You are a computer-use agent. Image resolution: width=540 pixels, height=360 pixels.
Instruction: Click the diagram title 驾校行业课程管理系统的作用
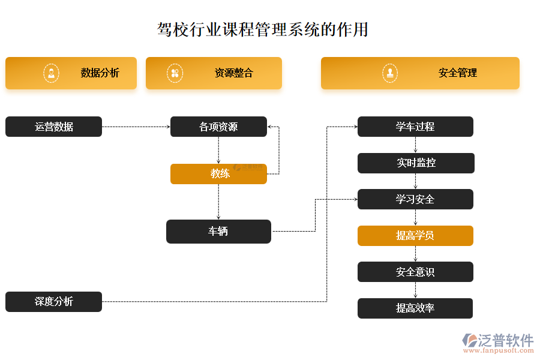tap(262, 30)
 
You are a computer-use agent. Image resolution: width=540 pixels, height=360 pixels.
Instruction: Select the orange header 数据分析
tap(71, 73)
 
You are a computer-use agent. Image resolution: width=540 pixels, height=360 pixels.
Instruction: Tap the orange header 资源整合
tap(214, 73)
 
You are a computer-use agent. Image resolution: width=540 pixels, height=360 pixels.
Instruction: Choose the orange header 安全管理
tap(420, 73)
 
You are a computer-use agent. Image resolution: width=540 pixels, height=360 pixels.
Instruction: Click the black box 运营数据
tap(53, 127)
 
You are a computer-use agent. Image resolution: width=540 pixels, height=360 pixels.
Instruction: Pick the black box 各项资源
tap(218, 127)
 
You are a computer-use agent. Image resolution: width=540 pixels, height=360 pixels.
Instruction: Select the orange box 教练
tap(218, 174)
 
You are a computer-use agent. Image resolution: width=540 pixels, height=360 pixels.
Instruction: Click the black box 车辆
tap(218, 232)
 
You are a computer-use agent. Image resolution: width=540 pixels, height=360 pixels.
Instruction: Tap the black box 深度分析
tap(53, 302)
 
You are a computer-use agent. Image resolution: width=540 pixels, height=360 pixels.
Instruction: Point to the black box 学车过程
tap(415, 127)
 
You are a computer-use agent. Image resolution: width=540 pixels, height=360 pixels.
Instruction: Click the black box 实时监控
tap(416, 163)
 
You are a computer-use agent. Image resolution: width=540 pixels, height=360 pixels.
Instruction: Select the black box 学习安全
tap(415, 199)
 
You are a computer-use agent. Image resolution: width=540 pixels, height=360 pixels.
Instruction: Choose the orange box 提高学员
tap(415, 236)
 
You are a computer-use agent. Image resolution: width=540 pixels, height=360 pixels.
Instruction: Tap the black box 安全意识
tap(415, 272)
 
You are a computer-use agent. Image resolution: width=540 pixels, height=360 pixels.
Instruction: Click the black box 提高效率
tap(415, 308)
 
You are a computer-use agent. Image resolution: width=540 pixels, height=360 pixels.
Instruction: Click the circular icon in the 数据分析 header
tap(52, 73)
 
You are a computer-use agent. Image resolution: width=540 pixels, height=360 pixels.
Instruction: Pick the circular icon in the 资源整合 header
tap(175, 73)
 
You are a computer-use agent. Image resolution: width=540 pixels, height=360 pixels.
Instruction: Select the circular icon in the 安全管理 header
tap(390, 73)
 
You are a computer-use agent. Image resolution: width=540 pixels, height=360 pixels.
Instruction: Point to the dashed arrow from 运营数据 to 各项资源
tap(136, 127)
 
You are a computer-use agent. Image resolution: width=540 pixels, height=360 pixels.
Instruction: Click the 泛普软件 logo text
tap(505, 341)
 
